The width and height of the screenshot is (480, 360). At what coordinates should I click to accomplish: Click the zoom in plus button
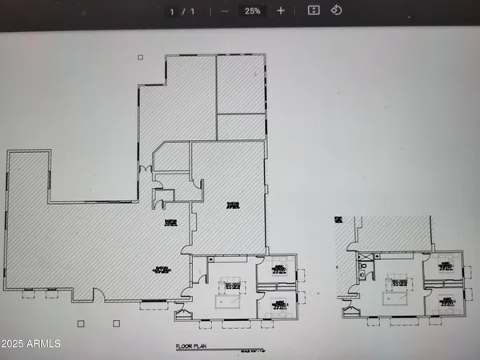(281, 10)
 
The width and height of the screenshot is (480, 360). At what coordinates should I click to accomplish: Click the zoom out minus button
(225, 10)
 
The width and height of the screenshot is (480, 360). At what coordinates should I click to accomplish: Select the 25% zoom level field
(252, 10)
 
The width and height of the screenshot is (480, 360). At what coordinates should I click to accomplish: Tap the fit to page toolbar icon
(314, 10)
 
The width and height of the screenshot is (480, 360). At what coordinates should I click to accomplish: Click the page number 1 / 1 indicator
(182, 11)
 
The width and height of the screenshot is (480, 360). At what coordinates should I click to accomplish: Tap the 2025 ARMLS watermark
(32, 344)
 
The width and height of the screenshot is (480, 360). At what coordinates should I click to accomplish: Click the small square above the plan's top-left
(141, 58)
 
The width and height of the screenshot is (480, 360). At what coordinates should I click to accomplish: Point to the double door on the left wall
(145, 170)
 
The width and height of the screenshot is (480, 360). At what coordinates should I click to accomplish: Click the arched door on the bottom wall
(99, 298)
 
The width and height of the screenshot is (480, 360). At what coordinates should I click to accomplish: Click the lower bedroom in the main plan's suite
(277, 303)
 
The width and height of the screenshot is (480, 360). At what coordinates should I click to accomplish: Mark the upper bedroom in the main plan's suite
(277, 270)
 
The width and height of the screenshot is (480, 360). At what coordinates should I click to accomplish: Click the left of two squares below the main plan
(80, 323)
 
